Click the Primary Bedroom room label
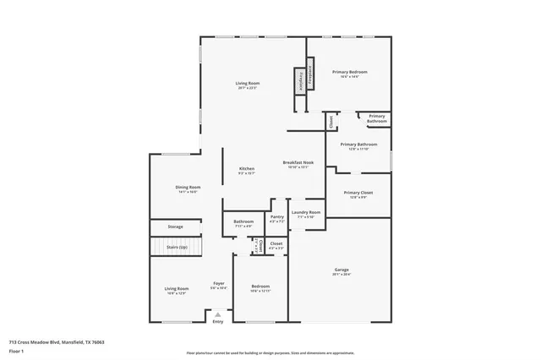coord(349,73)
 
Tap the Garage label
coord(341,270)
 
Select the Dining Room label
coord(188,188)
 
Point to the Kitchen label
coord(246,169)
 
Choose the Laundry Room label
coord(306,213)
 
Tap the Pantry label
coord(277,217)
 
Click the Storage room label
coord(175,226)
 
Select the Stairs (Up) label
coord(178,248)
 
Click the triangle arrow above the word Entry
coord(218,314)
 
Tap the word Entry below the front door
coord(218,321)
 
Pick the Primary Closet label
coord(358,194)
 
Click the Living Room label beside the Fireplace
coord(247,83)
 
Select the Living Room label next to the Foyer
coord(176,290)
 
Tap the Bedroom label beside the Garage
coord(260,287)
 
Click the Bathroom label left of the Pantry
coord(243,222)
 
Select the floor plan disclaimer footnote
coord(270,352)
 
